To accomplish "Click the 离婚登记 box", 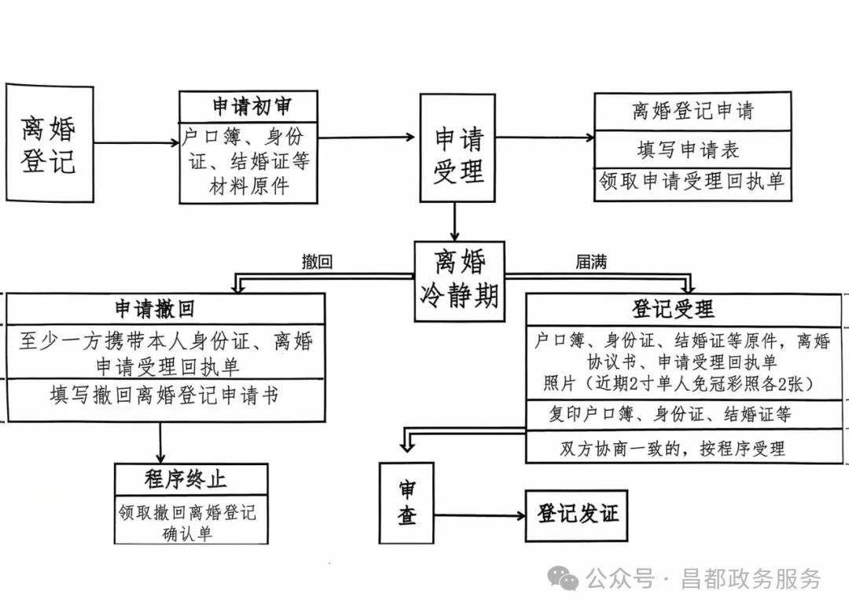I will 49,143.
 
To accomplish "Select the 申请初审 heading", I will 248,106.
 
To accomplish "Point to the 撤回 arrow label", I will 317,262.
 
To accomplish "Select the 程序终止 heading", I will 191,478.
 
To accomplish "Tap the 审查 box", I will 406,503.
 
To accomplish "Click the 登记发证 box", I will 577,514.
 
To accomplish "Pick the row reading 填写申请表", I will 691,149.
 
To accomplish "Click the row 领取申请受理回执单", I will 691,182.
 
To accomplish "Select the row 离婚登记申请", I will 691,111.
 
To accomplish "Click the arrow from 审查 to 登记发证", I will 480,516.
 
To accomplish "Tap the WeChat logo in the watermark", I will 563,578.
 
